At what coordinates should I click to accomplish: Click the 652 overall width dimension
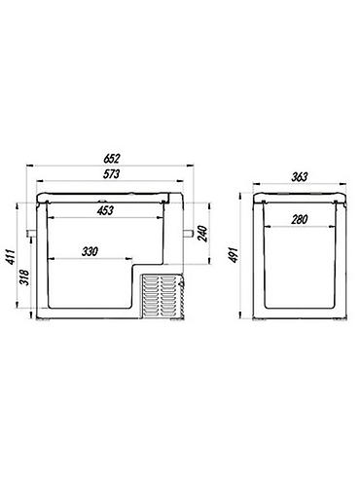(x=112, y=159)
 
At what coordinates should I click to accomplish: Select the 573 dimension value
(x=111, y=174)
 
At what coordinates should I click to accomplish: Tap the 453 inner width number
(x=105, y=210)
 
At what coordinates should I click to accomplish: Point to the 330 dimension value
(x=90, y=251)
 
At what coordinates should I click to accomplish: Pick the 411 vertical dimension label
(x=12, y=257)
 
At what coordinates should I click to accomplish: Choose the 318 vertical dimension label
(x=25, y=277)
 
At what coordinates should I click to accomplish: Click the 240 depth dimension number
(x=202, y=234)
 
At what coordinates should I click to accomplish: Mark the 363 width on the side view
(x=299, y=177)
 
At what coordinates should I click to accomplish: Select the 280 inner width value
(x=299, y=220)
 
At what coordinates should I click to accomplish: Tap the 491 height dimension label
(x=234, y=255)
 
